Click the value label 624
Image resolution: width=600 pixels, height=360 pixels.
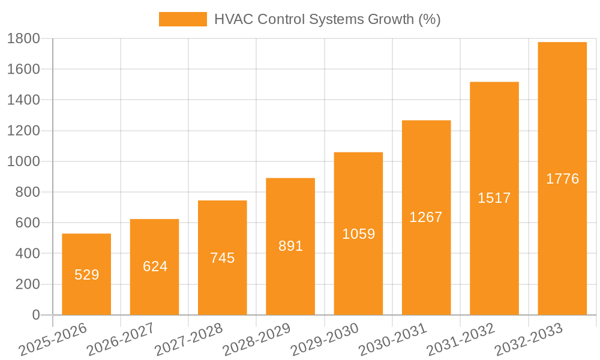tap(155, 266)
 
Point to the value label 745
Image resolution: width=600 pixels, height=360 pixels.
tap(223, 258)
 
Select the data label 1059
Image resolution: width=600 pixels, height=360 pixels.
tap(358, 234)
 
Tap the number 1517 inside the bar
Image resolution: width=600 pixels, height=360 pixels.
tap(494, 198)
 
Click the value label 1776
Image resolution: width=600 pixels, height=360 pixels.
tap(562, 179)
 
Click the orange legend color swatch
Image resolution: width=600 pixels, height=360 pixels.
tap(182, 19)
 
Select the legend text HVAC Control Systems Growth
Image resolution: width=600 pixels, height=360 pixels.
tap(327, 19)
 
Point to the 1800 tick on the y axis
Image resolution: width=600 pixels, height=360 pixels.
tap(23, 38)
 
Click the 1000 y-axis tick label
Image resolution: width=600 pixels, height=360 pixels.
tap(23, 161)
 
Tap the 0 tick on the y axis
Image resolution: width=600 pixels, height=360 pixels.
tap(35, 315)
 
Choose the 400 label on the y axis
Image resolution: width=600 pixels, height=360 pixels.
tap(27, 254)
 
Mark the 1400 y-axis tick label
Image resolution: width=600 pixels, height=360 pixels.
tap(23, 100)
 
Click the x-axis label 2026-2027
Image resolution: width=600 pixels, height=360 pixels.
tap(120, 340)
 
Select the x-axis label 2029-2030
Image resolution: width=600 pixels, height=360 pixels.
tap(324, 340)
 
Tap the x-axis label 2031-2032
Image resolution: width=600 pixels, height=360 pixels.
tap(460, 340)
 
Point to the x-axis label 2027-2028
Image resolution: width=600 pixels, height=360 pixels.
tap(188, 340)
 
